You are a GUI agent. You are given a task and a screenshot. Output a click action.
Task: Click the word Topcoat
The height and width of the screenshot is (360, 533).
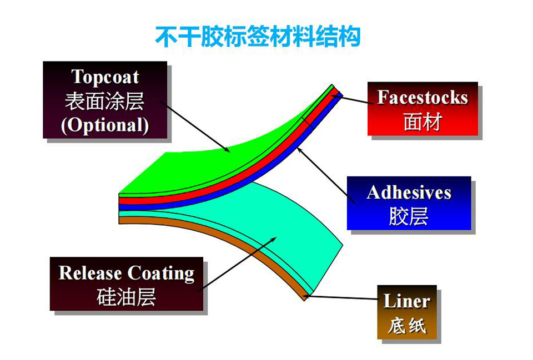105,77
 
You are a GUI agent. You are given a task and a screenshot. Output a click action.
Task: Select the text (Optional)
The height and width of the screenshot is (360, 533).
105,125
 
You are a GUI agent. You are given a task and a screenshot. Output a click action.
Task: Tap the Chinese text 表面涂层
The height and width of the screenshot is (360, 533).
105,101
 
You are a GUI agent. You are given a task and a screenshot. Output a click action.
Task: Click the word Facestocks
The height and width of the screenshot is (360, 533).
423,98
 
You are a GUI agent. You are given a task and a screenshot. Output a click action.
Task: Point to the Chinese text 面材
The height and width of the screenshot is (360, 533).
422,121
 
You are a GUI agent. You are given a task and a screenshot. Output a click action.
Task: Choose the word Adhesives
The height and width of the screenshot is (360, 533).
409,192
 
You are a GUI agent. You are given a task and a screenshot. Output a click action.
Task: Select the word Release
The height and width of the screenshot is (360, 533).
90,273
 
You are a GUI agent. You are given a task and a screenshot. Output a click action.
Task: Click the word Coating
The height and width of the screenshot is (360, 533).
161,273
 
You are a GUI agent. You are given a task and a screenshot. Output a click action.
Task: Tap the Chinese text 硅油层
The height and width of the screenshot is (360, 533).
127,297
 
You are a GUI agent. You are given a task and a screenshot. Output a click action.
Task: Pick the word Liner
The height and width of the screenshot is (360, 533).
406,302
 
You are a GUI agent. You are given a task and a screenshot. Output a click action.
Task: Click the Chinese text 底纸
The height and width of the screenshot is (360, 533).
406,325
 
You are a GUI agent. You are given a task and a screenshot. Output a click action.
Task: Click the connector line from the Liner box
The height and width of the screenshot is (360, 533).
341,298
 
